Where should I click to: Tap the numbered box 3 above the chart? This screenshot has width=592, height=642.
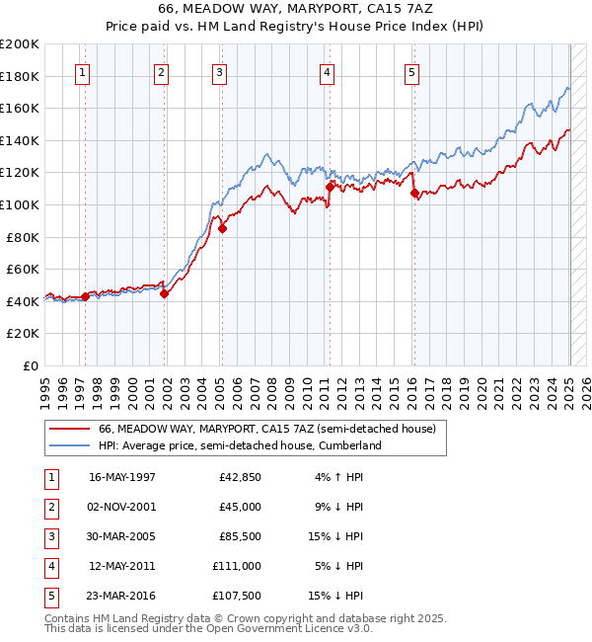point(219,72)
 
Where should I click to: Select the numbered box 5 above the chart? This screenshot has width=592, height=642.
point(411,72)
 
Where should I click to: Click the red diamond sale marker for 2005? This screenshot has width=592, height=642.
point(222,229)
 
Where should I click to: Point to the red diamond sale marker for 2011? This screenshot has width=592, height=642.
point(330,186)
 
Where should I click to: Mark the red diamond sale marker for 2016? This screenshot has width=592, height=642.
point(414,194)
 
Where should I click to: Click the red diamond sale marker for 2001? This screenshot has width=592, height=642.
point(164,293)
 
